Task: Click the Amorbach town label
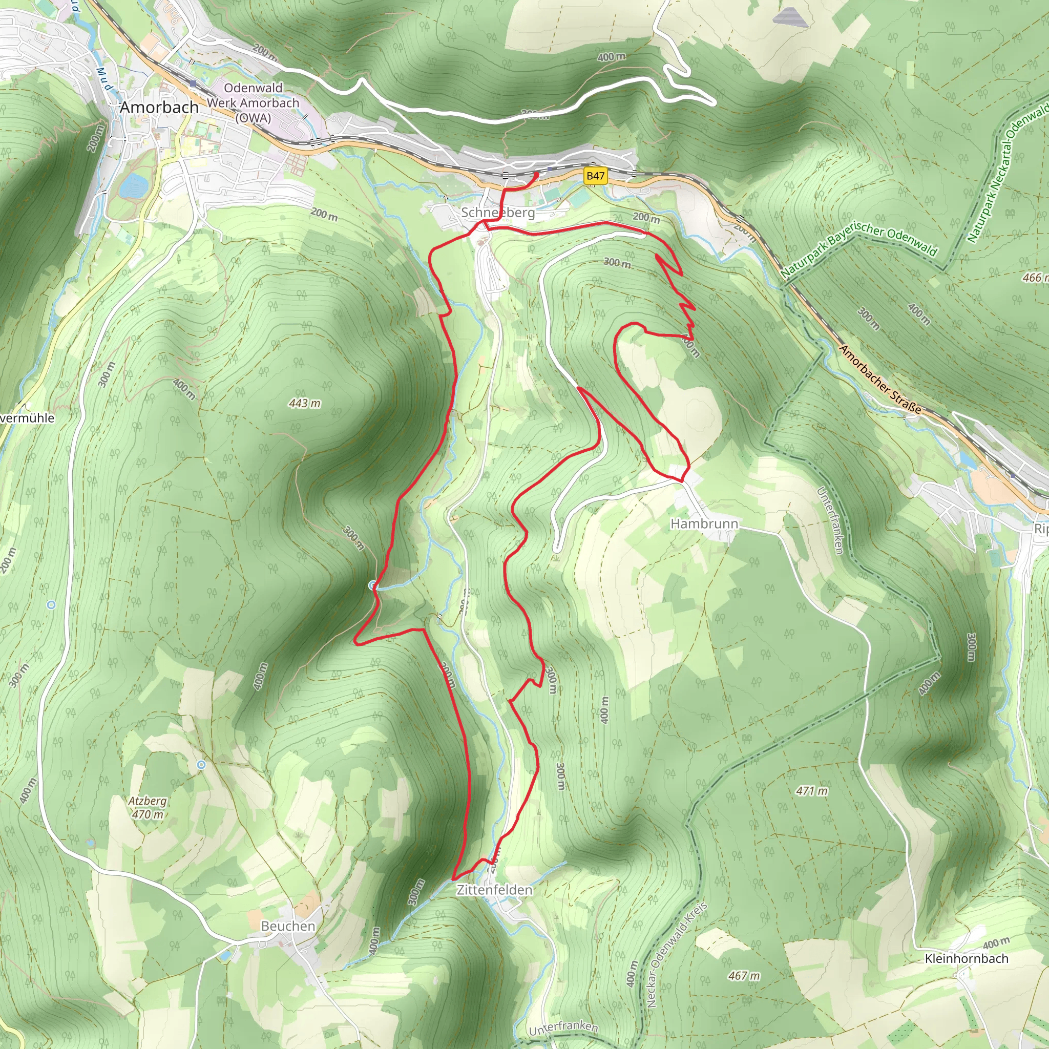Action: pyautogui.click(x=159, y=108)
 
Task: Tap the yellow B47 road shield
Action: pyautogui.click(x=595, y=176)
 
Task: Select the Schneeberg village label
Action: pyautogui.click(x=497, y=212)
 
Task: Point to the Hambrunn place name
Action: pyautogui.click(x=704, y=524)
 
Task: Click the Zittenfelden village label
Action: pyautogui.click(x=494, y=890)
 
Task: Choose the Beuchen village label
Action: pyautogui.click(x=288, y=926)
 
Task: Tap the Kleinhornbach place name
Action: pyautogui.click(x=967, y=959)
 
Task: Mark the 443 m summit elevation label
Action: pyautogui.click(x=305, y=404)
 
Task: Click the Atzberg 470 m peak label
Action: pyautogui.click(x=147, y=807)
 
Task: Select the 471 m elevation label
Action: pyautogui.click(x=812, y=791)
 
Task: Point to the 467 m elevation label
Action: pyautogui.click(x=744, y=976)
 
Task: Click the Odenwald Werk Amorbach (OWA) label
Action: pyautogui.click(x=253, y=102)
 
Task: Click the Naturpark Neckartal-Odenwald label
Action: pyautogui.click(x=1008, y=174)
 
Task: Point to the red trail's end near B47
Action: pyautogui.click(x=536, y=174)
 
